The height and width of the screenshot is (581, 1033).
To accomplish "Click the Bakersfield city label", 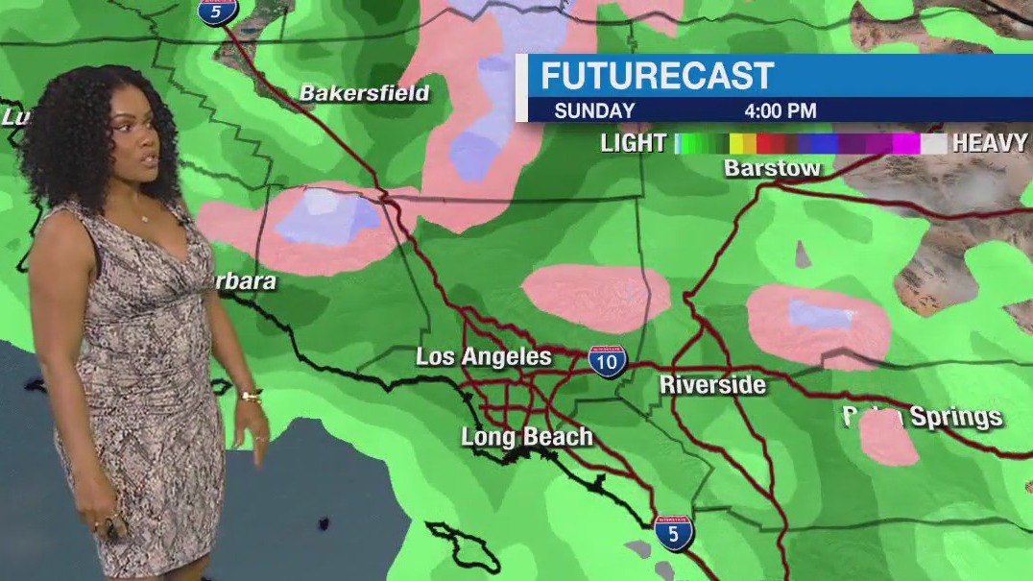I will click(x=364, y=93).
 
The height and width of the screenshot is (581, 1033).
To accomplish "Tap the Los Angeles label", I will click(x=483, y=357).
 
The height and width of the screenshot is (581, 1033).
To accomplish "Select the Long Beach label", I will click(x=526, y=438).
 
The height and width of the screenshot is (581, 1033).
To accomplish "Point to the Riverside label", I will click(x=712, y=385).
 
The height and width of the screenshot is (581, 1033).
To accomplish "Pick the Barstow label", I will click(x=772, y=169).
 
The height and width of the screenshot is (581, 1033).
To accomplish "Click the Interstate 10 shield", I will click(x=607, y=359).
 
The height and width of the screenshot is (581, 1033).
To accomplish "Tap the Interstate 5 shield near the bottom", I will click(x=673, y=532).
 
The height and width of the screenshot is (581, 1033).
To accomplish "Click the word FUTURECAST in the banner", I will click(x=657, y=76).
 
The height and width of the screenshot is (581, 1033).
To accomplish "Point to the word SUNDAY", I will click(x=594, y=111).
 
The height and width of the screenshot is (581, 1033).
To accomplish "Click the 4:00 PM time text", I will click(x=781, y=111).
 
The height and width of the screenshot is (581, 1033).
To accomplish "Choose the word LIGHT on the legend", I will click(x=633, y=144).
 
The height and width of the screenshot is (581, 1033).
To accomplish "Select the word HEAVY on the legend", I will click(x=990, y=144).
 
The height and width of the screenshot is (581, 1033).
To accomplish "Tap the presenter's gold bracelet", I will click(x=252, y=396).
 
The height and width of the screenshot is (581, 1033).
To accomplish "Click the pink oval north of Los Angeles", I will click(x=595, y=297).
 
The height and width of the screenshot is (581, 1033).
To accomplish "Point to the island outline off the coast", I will click(x=465, y=545).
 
